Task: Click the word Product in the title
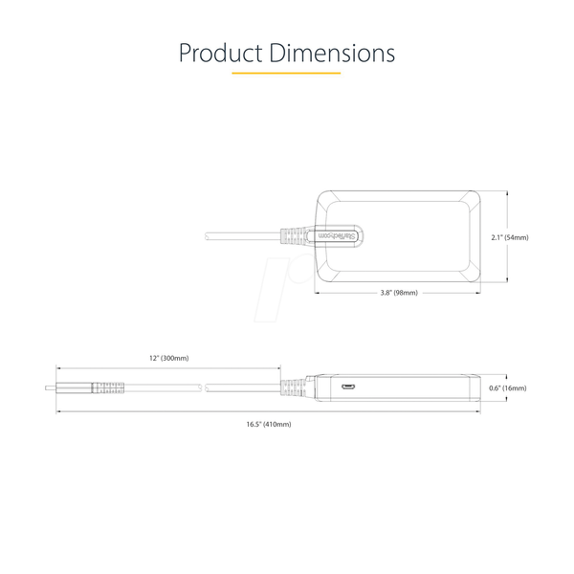pyautogui.click(x=220, y=53)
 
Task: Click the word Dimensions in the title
pyautogui.click(x=332, y=53)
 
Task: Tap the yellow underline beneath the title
pyautogui.click(x=286, y=74)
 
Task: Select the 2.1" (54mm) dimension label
pyautogui.click(x=510, y=237)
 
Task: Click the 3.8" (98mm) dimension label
pyautogui.click(x=399, y=293)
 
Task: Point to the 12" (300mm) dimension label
pyautogui.click(x=169, y=358)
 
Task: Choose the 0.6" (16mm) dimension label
pyautogui.click(x=508, y=388)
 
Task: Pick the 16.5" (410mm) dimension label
pyautogui.click(x=269, y=424)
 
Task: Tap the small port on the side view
pyautogui.click(x=348, y=386)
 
